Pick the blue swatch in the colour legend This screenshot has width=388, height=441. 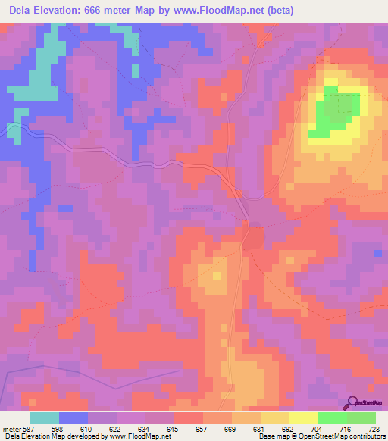[74, 418]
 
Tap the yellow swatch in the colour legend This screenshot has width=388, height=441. [304, 418]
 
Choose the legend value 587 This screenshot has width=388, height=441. [29, 429]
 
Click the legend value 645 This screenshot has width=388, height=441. [174, 429]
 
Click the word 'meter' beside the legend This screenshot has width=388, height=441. [11, 429]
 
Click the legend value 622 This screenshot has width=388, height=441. [116, 429]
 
